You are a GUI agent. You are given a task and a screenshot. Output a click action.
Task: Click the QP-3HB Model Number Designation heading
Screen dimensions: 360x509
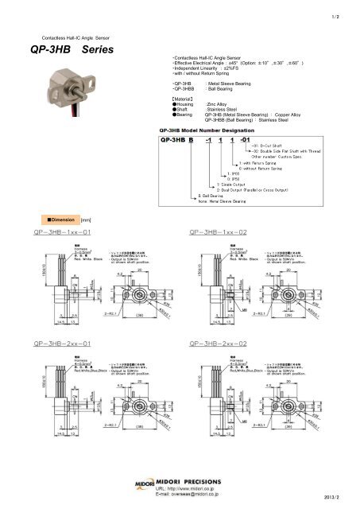click(x=214, y=129)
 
